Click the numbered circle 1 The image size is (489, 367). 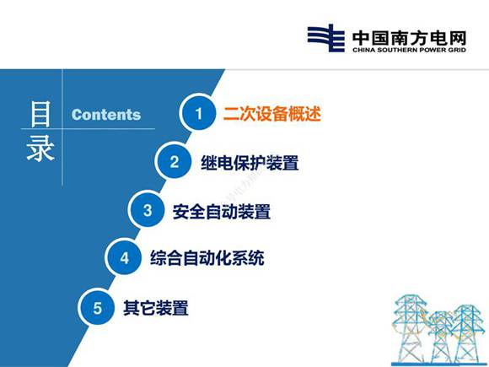tap(199, 115)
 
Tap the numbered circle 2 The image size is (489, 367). tap(175, 163)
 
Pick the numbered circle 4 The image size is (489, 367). tap(124, 259)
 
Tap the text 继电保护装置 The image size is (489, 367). tap(250, 163)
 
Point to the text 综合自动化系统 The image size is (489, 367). tap(207, 259)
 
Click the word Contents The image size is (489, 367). tap(106, 116)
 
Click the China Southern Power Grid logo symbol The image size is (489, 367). tap(325, 39)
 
